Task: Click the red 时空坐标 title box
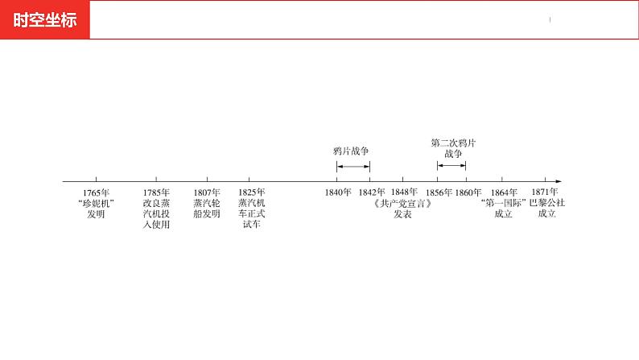tap(45, 20)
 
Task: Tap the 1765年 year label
tap(96, 192)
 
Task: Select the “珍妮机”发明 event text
tap(96, 209)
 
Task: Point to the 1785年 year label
tap(156, 192)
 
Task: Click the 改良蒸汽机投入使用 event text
tap(156, 213)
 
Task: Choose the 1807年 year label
tap(207, 192)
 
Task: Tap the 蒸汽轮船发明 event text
tap(207, 209)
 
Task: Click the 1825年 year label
tap(251, 192)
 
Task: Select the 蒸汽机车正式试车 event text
tap(251, 213)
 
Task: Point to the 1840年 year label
tap(338, 192)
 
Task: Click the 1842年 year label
tap(372, 192)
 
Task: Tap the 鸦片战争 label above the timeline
tap(352, 151)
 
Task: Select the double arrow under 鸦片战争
tap(353, 166)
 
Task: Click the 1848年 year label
tap(404, 192)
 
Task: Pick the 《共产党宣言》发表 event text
tap(403, 209)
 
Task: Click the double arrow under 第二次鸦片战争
tap(451, 166)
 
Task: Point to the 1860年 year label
tap(468, 192)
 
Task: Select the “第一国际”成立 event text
tap(504, 209)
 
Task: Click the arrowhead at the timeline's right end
tap(558, 181)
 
